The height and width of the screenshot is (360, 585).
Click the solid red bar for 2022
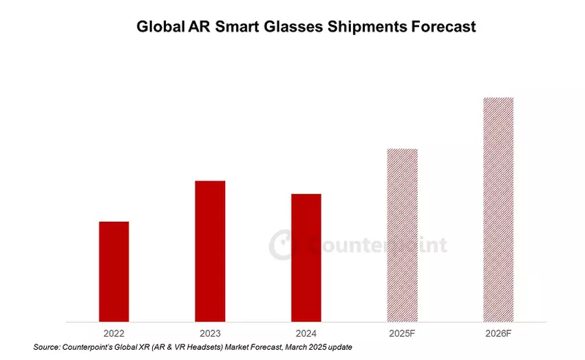(114, 271)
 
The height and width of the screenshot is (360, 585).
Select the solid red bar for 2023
(210, 251)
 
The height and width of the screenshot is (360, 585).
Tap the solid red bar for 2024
(306, 257)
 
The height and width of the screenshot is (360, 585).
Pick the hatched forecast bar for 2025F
(403, 235)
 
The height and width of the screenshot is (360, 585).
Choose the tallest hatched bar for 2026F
(498, 209)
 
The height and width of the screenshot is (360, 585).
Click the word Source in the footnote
(47, 347)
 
